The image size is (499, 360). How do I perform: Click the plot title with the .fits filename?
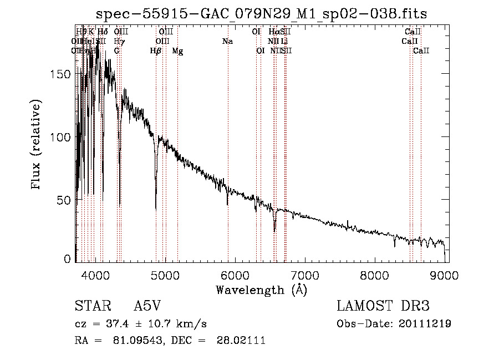[x=261, y=14]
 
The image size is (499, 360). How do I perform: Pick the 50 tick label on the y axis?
[x=65, y=199]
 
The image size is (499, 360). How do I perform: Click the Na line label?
[x=227, y=41]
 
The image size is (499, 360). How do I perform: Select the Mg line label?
[x=177, y=51]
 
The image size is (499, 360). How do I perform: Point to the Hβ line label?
[x=156, y=51]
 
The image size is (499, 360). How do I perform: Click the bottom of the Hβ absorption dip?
[x=156, y=209]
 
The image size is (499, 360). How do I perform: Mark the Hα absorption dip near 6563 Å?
[x=274, y=230]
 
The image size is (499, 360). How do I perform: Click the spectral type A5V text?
[x=149, y=306]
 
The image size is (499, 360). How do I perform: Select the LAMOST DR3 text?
[x=383, y=306]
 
